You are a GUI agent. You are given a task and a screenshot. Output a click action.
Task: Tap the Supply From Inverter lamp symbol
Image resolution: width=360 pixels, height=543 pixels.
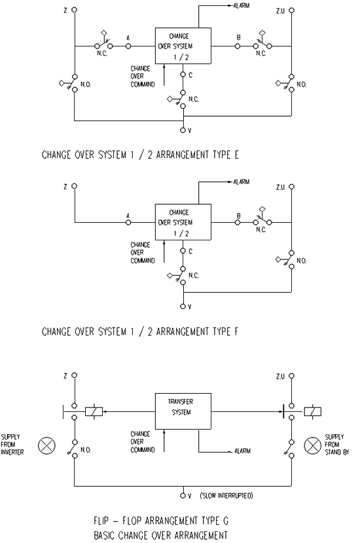coord(46,445)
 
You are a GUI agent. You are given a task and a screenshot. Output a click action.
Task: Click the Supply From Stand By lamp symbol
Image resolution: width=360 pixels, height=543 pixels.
coord(313,445)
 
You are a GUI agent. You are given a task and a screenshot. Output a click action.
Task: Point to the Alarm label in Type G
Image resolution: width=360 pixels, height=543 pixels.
coord(242,451)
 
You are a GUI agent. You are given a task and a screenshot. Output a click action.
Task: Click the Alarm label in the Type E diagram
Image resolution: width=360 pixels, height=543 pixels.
coord(242,6)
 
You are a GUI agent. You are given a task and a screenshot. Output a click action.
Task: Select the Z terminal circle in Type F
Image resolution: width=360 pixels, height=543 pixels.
coord(75,186)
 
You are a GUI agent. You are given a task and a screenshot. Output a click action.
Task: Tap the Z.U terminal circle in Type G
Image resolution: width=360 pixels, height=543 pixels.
coord(291,376)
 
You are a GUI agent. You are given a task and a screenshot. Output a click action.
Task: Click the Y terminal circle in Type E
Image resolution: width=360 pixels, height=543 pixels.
coord(183,130)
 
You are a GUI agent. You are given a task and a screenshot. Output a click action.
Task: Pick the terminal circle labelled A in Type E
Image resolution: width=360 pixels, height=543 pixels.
coord(128,46)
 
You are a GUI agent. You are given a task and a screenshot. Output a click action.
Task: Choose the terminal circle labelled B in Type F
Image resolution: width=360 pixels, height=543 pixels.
coord(238,222)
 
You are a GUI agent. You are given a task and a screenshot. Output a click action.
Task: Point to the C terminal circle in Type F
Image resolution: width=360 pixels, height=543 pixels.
coord(183,251)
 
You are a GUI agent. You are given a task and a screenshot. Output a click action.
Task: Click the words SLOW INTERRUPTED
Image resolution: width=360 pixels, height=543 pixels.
coord(226,496)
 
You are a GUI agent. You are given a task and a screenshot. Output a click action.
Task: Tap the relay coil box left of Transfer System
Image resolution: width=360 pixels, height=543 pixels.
coord(94,411)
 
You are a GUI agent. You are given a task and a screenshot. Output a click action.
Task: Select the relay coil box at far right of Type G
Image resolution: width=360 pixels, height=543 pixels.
coord(313,411)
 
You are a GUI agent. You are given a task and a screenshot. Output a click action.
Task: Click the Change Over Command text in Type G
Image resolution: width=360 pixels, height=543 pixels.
coord(143,442)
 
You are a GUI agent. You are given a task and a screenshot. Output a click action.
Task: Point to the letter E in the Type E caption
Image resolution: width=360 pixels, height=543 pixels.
coord(236,155)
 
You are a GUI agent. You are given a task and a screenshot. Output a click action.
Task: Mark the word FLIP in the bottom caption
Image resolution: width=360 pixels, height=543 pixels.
coord(101,521)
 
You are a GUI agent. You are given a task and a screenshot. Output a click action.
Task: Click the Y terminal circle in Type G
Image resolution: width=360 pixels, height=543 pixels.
coord(183,496)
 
